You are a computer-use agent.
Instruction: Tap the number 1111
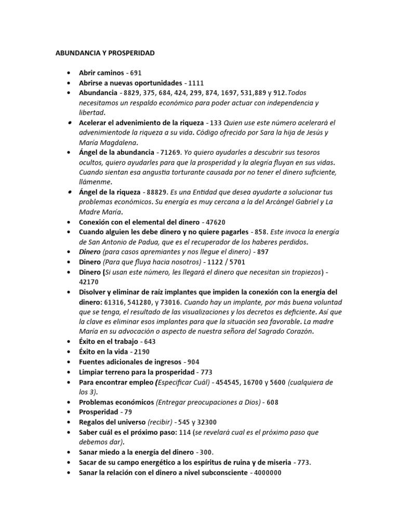tap(196, 83)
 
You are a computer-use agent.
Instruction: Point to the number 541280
tap(134, 302)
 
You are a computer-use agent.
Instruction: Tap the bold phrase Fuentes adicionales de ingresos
tap(129, 362)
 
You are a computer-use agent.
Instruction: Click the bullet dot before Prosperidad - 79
tap(70, 412)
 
